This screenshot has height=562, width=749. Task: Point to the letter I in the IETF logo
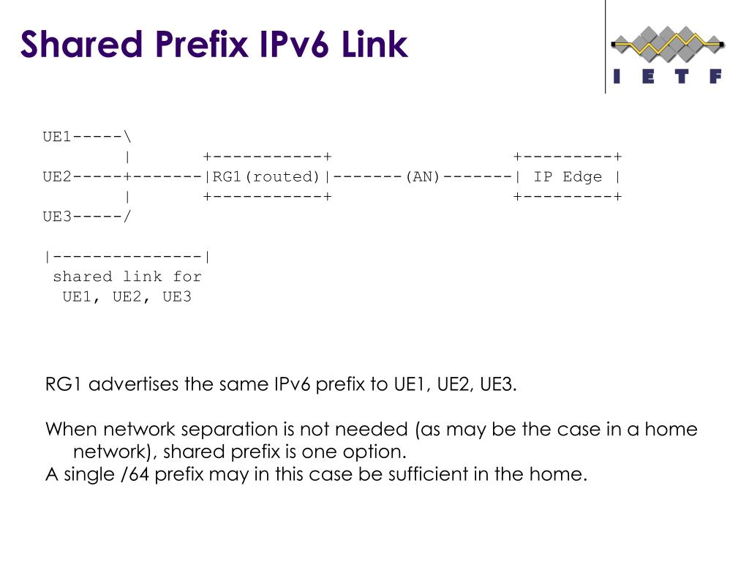[617, 76]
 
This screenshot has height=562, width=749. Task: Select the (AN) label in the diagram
[422, 176]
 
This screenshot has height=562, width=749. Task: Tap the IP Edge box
[568, 176]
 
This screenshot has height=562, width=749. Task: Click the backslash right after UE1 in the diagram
[128, 137]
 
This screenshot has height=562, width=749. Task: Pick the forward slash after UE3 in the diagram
[128, 217]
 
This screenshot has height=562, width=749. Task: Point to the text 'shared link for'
[127, 277]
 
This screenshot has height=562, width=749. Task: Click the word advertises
[135, 384]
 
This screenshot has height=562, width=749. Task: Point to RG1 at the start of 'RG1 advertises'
[64, 384]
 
